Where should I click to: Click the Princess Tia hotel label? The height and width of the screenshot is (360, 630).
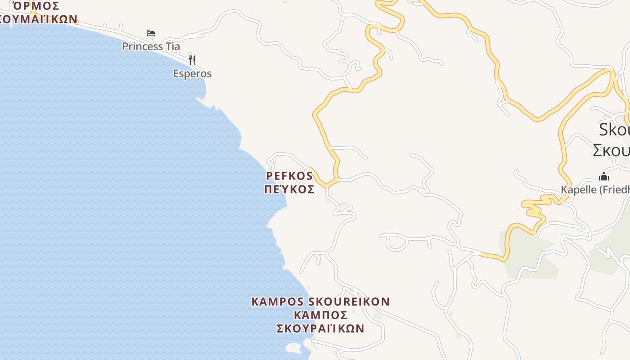click(x=151, y=46)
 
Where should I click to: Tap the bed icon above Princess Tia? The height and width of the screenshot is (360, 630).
click(x=151, y=33)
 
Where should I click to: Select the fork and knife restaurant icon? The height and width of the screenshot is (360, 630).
click(x=192, y=60)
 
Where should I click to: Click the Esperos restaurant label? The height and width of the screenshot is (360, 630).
click(x=192, y=74)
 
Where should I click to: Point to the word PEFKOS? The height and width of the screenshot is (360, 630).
click(x=289, y=175)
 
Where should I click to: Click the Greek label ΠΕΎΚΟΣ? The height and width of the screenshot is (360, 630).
click(x=289, y=189)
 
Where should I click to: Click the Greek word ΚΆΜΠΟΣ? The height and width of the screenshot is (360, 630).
click(x=320, y=315)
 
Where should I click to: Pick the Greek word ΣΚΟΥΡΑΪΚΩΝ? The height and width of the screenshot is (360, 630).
click(x=320, y=328)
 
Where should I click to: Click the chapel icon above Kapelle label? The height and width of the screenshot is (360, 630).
click(x=604, y=176)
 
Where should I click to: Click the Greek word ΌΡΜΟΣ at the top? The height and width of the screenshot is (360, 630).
click(x=36, y=6)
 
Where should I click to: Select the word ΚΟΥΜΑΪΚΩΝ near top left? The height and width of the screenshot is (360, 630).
click(x=38, y=19)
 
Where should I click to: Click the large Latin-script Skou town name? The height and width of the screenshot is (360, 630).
click(x=614, y=130)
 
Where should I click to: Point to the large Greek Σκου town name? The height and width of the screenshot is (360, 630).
click(x=611, y=150)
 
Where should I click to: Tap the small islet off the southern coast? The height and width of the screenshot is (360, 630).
click(x=293, y=347)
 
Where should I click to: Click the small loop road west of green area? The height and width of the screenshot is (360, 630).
click(x=396, y=242)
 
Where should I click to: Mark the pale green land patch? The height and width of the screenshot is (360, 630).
click(x=526, y=254)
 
